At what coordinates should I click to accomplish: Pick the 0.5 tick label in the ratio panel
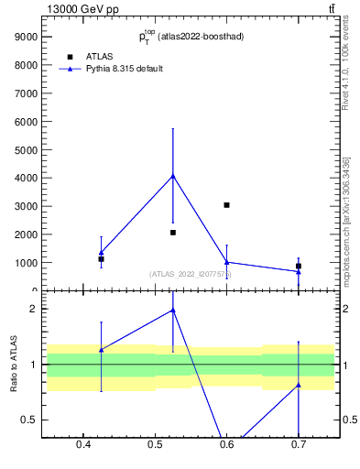point(27,420)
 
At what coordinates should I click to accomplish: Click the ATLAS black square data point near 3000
point(226,205)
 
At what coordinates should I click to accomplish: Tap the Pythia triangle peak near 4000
point(173,175)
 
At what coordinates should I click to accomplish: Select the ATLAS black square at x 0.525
point(173,233)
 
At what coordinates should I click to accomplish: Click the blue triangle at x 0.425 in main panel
point(102,252)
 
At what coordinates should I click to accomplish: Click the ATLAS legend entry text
point(99,56)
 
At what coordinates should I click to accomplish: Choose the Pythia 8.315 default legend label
point(124,69)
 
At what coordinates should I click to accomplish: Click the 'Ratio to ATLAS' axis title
point(13,364)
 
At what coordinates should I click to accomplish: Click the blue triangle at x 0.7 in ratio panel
point(299,385)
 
